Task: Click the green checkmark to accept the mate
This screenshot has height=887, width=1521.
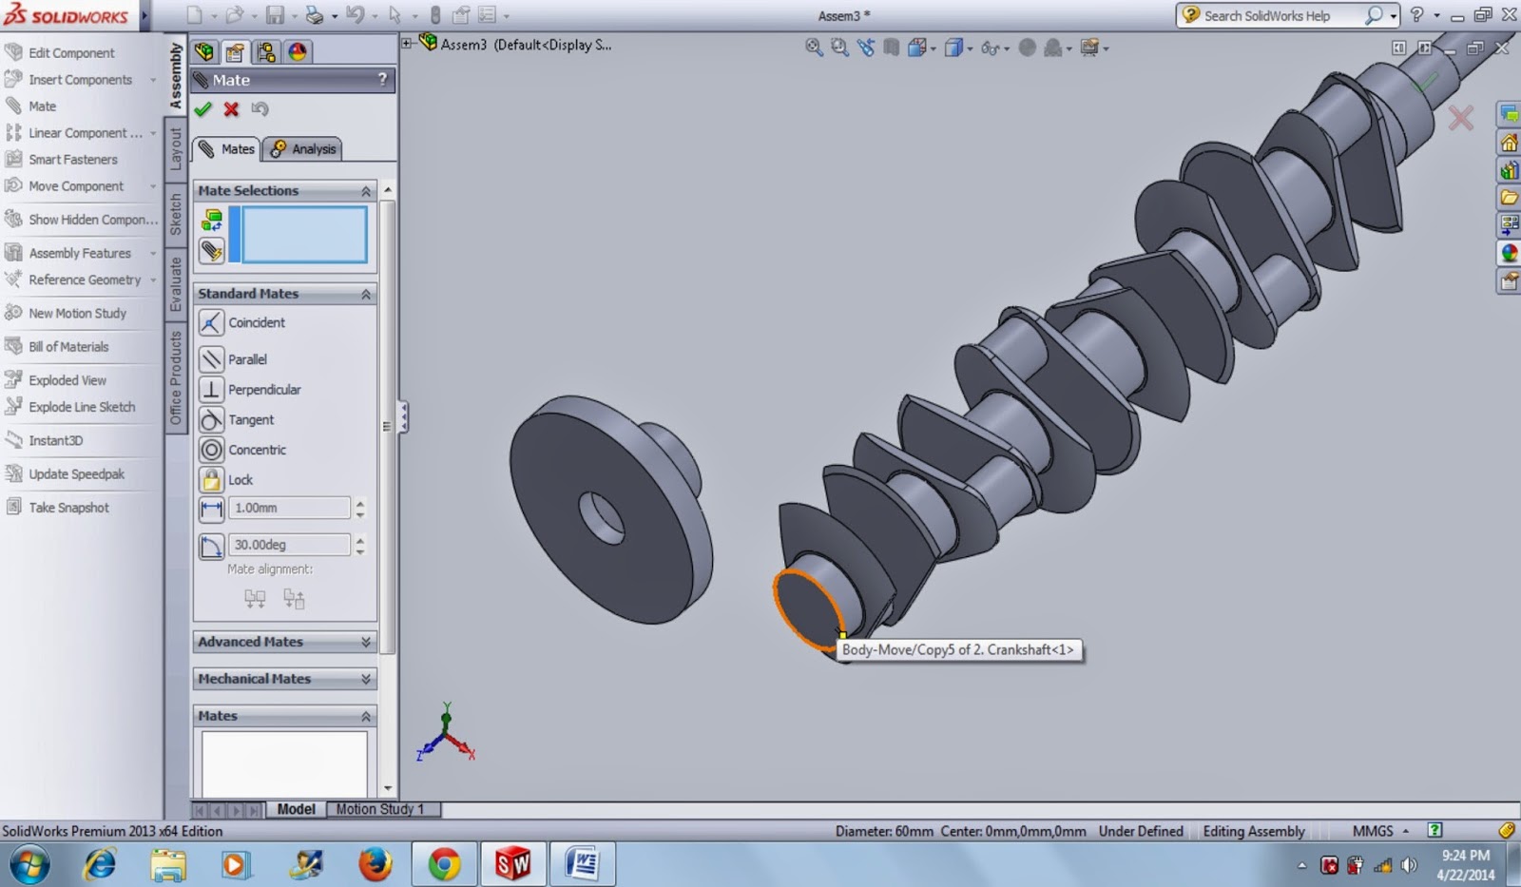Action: pos(202,109)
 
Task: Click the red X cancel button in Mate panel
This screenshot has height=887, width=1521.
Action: pos(231,109)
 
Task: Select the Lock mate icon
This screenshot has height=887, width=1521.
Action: pos(212,479)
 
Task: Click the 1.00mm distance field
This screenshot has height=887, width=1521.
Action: pos(288,508)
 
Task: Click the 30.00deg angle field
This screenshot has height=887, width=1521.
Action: pos(288,545)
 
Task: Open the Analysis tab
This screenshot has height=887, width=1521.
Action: pos(303,149)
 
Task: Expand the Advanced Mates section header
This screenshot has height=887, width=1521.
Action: pos(284,642)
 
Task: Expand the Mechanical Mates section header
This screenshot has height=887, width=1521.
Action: pos(284,679)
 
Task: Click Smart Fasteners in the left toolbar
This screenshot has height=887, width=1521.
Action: pos(72,160)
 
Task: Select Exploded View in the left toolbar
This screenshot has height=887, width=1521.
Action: pos(67,380)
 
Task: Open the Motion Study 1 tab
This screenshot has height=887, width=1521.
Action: pos(379,809)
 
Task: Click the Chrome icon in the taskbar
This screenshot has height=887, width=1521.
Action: pos(443,864)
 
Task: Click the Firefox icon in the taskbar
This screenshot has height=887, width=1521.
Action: pos(375,864)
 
